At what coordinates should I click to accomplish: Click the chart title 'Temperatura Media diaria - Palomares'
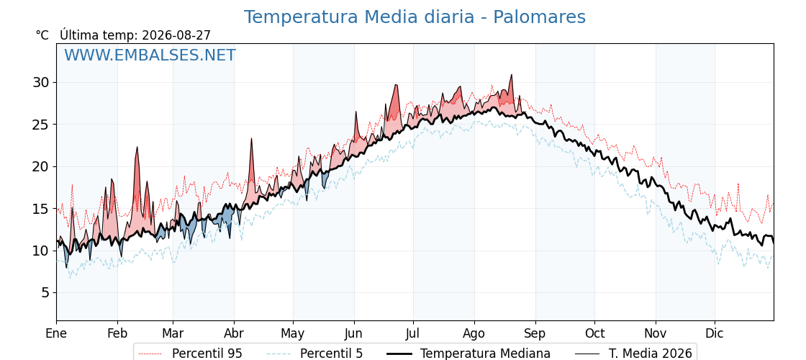(x=415, y=17)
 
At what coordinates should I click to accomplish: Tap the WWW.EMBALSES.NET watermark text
(x=150, y=55)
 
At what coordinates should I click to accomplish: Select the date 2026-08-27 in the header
(x=176, y=35)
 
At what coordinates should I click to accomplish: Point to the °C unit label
(x=42, y=35)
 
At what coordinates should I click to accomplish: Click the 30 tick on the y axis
(x=42, y=82)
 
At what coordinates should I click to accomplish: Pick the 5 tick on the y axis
(x=47, y=292)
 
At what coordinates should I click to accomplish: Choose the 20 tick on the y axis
(x=42, y=166)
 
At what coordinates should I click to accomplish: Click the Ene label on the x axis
(x=56, y=333)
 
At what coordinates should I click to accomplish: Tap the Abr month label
(x=234, y=333)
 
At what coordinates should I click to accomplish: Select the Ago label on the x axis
(x=474, y=333)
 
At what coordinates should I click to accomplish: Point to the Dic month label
(x=715, y=333)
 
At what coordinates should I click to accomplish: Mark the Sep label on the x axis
(x=535, y=333)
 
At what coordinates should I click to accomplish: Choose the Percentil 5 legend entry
(x=315, y=354)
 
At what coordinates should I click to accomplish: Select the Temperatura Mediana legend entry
(x=468, y=354)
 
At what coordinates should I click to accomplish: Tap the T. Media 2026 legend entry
(x=634, y=354)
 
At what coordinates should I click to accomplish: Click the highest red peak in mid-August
(x=511, y=75)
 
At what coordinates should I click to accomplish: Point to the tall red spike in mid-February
(x=137, y=148)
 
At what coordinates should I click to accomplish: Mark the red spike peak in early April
(x=251, y=139)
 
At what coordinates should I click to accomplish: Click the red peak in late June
(x=396, y=85)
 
